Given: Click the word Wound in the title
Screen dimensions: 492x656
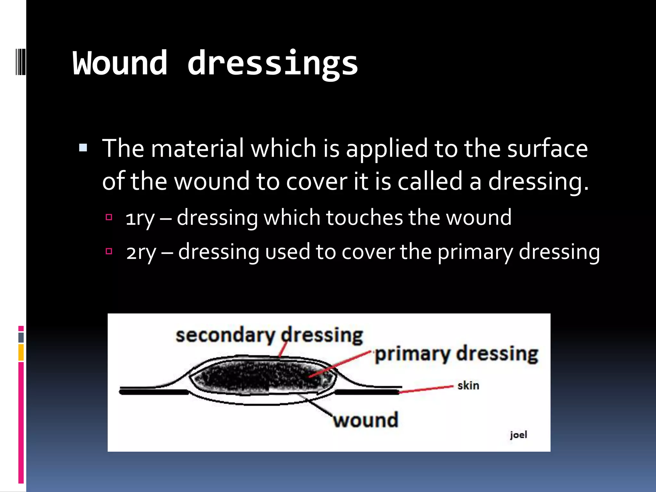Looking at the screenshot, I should pos(120,63).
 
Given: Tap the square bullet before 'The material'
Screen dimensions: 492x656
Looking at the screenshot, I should pos(83,148).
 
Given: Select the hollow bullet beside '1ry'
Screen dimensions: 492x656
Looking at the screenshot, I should pos(109,217).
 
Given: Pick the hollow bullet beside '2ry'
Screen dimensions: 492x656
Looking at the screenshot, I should pos(109,251).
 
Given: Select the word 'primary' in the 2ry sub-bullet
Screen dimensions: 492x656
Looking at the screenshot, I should pos(475,252).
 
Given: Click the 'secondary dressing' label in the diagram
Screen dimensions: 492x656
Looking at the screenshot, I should pos(269,335).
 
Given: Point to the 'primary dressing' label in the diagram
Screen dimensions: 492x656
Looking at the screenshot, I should pos(456,354).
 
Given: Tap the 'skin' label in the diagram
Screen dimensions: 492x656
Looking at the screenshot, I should pos(468,385).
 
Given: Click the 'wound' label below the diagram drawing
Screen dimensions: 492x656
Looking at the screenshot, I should pos(365,420).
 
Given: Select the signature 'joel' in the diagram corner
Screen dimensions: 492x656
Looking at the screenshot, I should pos(518,435).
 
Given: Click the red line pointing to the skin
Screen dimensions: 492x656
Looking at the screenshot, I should pos(426,389).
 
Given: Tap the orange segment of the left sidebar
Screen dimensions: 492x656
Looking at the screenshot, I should pos(21,352).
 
